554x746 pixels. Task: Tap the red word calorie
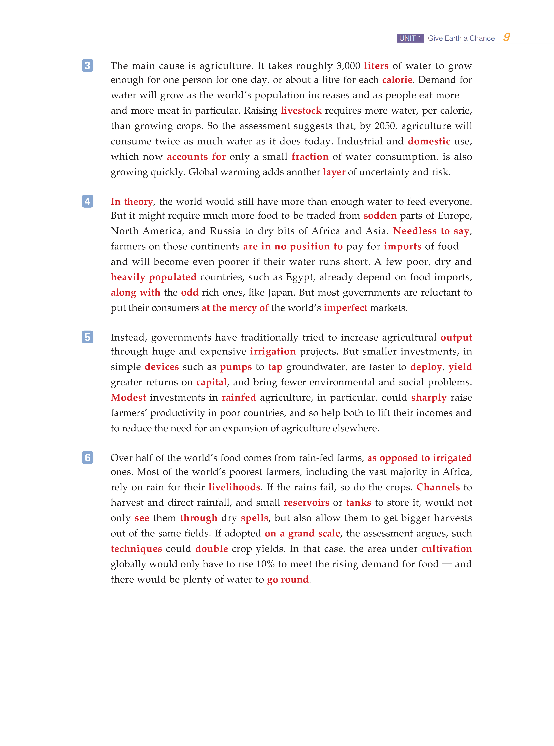click(x=397, y=80)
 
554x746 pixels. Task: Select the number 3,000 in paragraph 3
click(x=348, y=66)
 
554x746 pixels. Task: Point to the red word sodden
click(x=380, y=216)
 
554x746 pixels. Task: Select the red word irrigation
click(x=273, y=351)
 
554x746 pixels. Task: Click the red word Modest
click(x=128, y=398)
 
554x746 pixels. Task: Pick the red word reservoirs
click(x=307, y=503)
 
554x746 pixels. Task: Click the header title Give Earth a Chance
click(x=461, y=38)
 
